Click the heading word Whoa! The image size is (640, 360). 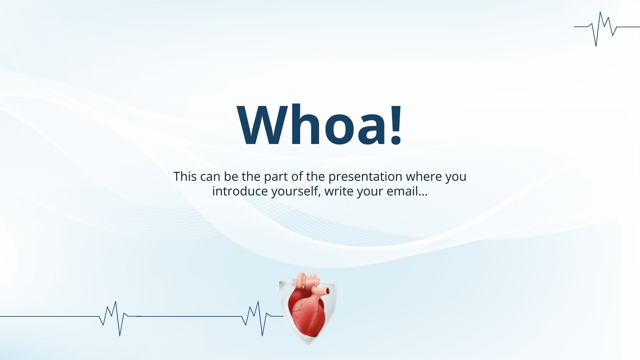[320, 125]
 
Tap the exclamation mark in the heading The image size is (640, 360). [396, 125]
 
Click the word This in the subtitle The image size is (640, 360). [185, 176]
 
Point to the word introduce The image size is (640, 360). [240, 191]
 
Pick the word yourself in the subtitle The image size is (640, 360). [296, 192]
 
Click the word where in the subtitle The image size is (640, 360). [424, 176]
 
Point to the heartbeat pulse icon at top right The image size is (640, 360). [607, 28]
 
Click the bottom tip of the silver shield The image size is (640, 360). [308, 344]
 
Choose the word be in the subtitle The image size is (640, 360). [231, 176]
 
